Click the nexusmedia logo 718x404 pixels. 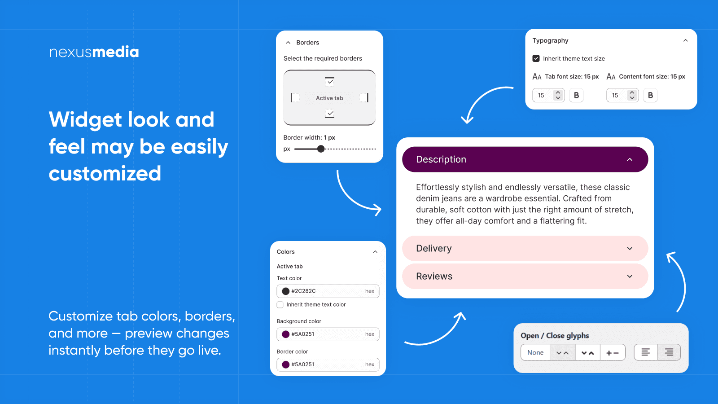94,52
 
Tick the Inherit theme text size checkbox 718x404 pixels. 536,58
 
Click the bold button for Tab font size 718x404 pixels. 576,95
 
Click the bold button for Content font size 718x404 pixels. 650,95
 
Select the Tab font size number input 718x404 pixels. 543,95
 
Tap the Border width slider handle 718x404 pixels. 321,149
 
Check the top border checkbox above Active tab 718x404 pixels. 330,82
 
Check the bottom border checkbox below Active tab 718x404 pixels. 330,114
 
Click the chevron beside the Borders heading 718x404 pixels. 288,43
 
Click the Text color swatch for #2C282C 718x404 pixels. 285,291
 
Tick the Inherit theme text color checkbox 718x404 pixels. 280,305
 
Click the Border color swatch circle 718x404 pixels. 285,364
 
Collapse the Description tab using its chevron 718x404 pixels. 630,159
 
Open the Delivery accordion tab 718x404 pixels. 525,249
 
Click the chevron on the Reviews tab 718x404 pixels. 630,277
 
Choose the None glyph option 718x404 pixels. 535,353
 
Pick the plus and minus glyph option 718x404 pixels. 613,353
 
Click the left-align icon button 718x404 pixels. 646,352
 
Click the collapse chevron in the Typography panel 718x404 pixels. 685,40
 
